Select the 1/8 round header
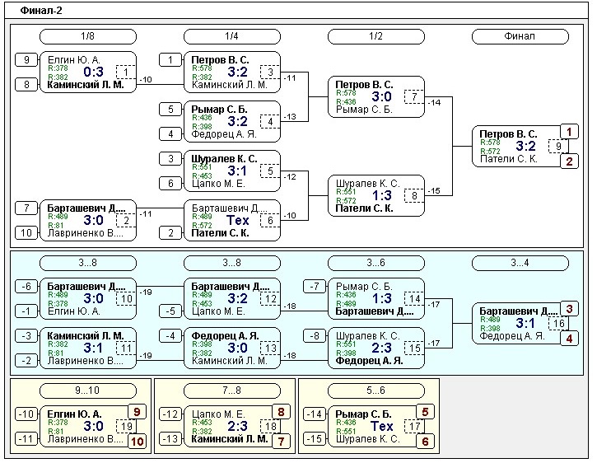(x=87, y=36)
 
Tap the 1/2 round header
(x=375, y=36)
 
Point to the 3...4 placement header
(x=520, y=263)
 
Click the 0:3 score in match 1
(x=93, y=72)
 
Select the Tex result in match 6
(x=237, y=220)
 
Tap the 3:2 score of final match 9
(x=525, y=146)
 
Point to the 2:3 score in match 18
(x=237, y=426)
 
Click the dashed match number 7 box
(x=414, y=96)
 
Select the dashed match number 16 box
(x=558, y=323)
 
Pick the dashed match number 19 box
(x=126, y=426)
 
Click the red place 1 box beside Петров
(x=569, y=131)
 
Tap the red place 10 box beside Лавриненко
(x=137, y=441)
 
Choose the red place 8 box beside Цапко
(x=281, y=411)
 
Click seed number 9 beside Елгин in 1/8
(x=26, y=59)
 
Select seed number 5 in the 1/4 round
(x=170, y=109)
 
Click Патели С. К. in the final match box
(x=510, y=158)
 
